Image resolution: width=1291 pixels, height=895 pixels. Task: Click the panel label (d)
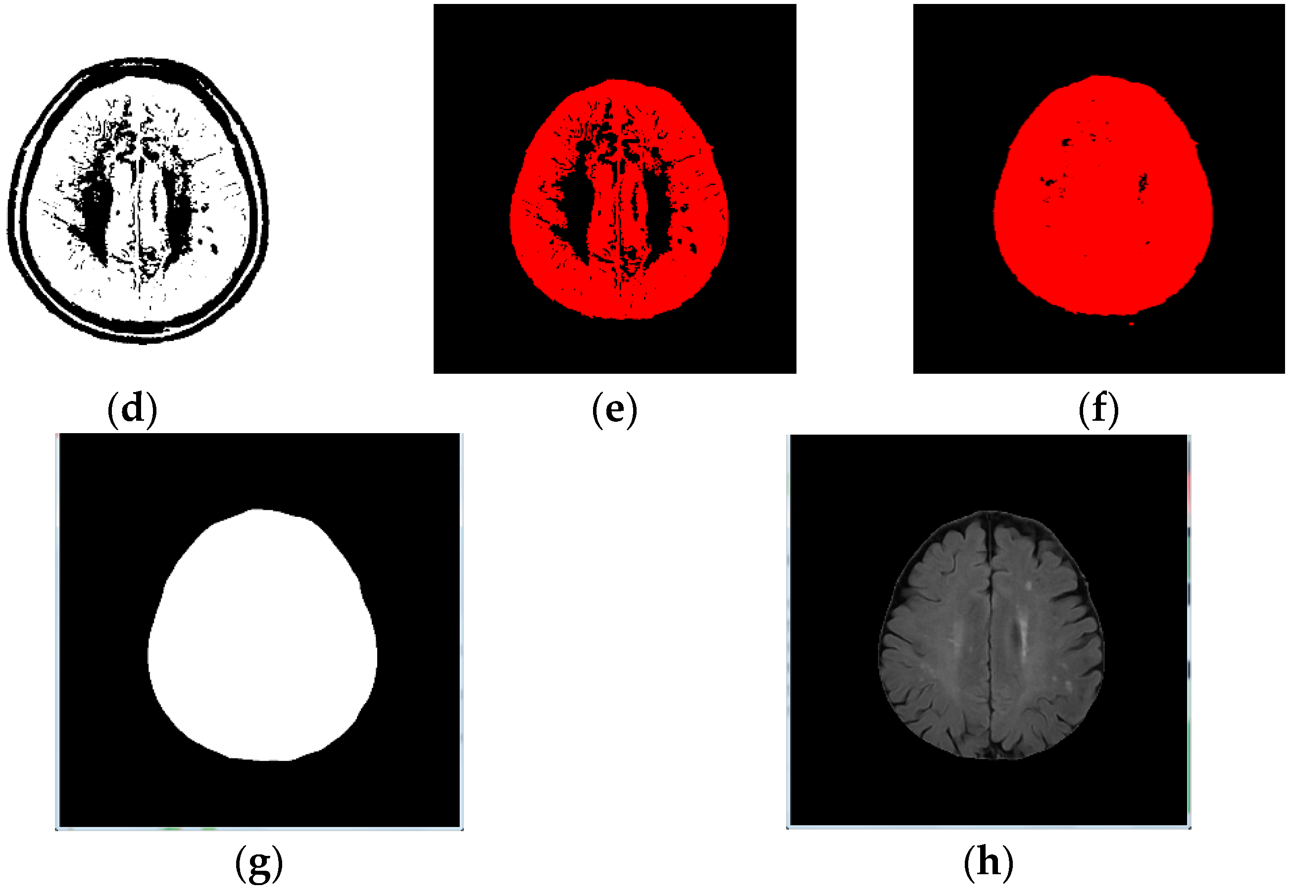coord(132,409)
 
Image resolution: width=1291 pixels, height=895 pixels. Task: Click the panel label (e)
coord(615,409)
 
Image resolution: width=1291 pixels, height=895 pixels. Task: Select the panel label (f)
coord(1098,409)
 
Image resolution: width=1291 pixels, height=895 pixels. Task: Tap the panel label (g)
coord(258,864)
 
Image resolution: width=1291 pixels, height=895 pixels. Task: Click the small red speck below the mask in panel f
coord(1131,324)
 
